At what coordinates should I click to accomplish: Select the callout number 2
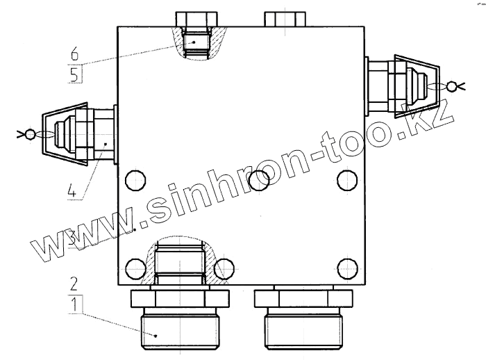74,284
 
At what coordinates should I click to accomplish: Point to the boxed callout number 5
74,74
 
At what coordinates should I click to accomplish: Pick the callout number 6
74,54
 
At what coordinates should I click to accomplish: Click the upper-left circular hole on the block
135,180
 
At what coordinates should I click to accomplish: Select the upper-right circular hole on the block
347,180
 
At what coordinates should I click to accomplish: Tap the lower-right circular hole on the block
347,268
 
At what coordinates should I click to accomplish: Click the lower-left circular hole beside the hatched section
135,268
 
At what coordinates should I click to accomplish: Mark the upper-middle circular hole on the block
259,180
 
